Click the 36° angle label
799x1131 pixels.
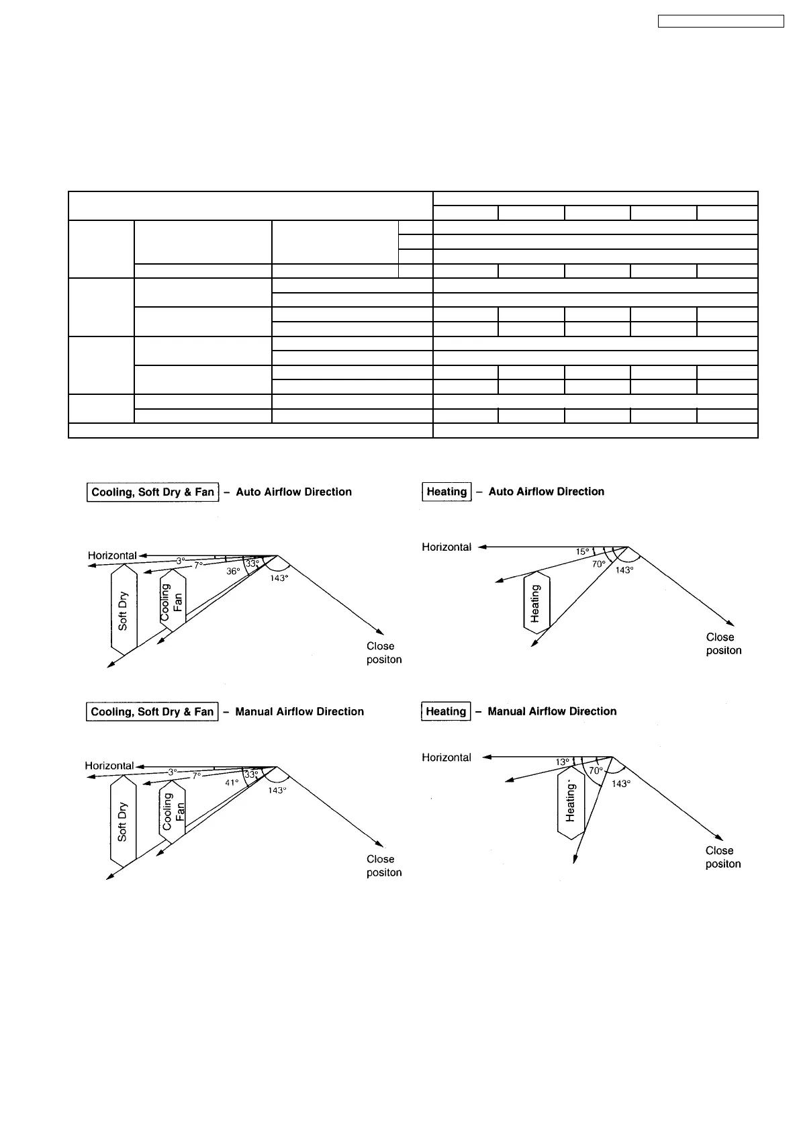click(x=232, y=572)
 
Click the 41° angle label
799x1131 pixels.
click(x=232, y=782)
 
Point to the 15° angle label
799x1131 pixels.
click(x=582, y=552)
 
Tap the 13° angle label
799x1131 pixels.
click(x=563, y=762)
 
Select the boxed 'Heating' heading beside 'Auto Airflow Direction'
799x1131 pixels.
click(x=446, y=492)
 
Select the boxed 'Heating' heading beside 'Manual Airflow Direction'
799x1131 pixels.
click(x=446, y=711)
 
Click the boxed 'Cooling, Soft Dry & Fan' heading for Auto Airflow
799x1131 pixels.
click(x=152, y=492)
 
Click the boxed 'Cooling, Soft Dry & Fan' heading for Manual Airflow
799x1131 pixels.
click(x=152, y=712)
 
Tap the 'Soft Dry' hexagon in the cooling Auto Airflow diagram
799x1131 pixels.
click(x=124, y=610)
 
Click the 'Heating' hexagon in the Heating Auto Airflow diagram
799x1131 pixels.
click(x=536, y=602)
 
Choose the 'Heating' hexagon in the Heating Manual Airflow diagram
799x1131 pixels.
click(x=571, y=803)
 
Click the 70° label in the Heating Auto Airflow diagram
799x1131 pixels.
click(x=599, y=565)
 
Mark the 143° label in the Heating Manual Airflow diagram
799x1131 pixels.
click(x=621, y=784)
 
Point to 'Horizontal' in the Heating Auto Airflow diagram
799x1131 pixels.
click(x=446, y=547)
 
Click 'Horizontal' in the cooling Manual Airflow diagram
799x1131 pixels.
click(x=109, y=766)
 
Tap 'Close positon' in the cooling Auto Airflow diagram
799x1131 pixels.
click(x=384, y=653)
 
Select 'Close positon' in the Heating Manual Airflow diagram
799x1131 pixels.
click(x=723, y=857)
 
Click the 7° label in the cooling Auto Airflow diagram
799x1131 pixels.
click(x=198, y=565)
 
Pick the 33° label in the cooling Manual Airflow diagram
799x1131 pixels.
click(x=250, y=774)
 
